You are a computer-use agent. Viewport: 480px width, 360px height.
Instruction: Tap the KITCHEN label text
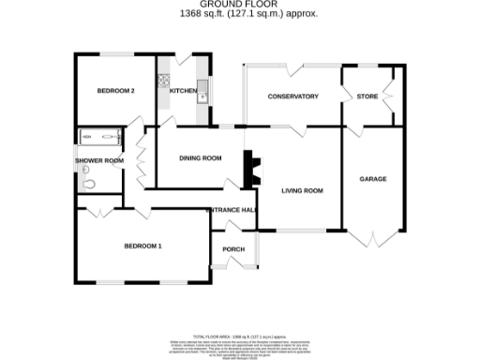tap(182, 91)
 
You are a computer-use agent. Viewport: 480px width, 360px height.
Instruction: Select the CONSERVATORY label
tap(292, 97)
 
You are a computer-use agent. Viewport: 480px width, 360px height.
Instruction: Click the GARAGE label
tap(373, 178)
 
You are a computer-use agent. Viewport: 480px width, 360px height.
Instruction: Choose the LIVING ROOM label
tap(302, 190)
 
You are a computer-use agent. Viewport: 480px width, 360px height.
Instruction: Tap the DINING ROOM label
tap(200, 158)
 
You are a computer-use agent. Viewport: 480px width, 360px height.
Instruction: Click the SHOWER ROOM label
tap(99, 161)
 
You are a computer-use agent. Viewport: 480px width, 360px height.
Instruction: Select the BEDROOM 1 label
tap(143, 247)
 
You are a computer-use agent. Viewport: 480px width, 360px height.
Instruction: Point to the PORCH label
tap(233, 248)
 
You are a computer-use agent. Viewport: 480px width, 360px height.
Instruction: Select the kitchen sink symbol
tap(202, 92)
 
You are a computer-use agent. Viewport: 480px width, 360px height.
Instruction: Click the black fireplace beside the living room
tap(250, 170)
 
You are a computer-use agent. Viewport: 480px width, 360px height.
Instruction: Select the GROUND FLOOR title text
tap(240, 6)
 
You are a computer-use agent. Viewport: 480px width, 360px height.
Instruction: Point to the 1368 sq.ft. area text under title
tap(240, 14)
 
